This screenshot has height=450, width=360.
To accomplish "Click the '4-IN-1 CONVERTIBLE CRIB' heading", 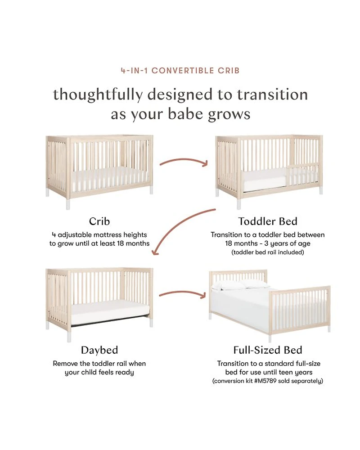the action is [x=180, y=71].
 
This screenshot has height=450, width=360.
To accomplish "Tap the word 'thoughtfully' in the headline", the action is [x=98, y=95].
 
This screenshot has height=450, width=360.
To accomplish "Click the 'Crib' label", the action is [x=99, y=221].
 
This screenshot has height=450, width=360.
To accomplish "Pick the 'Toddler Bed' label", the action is [x=268, y=221].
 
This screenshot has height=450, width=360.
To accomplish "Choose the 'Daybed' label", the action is [x=99, y=350].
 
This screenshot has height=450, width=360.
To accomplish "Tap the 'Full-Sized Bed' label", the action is [x=268, y=350].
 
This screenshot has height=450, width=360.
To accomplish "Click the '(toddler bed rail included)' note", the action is [x=268, y=252].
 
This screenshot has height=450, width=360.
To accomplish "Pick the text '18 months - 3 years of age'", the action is [x=268, y=243].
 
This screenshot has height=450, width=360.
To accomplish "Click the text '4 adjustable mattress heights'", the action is [x=99, y=235].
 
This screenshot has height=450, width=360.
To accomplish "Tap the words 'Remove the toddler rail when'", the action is [x=99, y=364].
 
